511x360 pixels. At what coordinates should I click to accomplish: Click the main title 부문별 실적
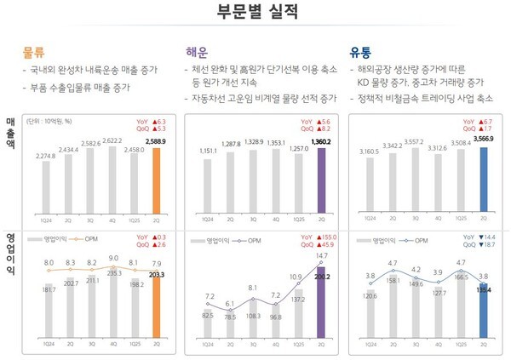coord(255,13)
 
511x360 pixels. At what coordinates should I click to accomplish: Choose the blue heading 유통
coord(364,52)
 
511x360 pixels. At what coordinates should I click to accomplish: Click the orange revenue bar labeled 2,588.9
coord(156,184)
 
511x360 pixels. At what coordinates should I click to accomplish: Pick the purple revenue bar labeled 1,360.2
coord(320,184)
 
